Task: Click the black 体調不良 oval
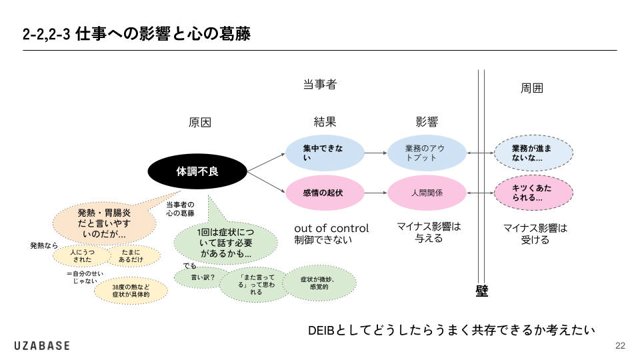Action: pos(197,171)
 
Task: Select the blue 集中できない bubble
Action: pos(325,153)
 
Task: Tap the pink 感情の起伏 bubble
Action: pos(325,193)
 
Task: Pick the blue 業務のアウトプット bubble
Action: pos(427,153)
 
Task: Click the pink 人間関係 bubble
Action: pos(427,193)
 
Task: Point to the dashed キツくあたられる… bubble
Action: pos(534,193)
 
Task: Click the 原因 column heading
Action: pos(200,122)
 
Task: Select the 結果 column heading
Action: pos(325,122)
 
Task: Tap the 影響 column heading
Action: pos(427,122)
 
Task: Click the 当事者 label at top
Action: pos(320,84)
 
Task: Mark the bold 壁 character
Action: pos(482,291)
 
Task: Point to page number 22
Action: pos(620,345)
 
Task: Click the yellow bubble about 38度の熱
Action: pos(130,290)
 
